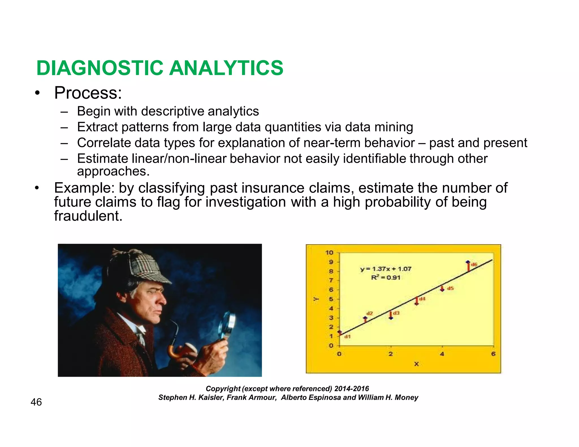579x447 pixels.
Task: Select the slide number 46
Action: (x=36, y=402)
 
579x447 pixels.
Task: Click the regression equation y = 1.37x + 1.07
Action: (x=386, y=269)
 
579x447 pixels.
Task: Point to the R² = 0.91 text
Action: (x=386, y=277)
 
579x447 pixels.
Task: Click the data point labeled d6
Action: (x=468, y=262)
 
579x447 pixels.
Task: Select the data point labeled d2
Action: (x=365, y=318)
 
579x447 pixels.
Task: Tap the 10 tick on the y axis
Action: (x=329, y=253)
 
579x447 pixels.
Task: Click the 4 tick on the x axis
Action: (x=442, y=354)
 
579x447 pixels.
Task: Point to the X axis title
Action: (x=416, y=364)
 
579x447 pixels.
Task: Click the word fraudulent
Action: (x=88, y=216)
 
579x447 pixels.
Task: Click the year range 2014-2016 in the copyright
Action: (x=351, y=389)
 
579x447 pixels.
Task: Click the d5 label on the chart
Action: (x=450, y=288)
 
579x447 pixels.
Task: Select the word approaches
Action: (x=113, y=171)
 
